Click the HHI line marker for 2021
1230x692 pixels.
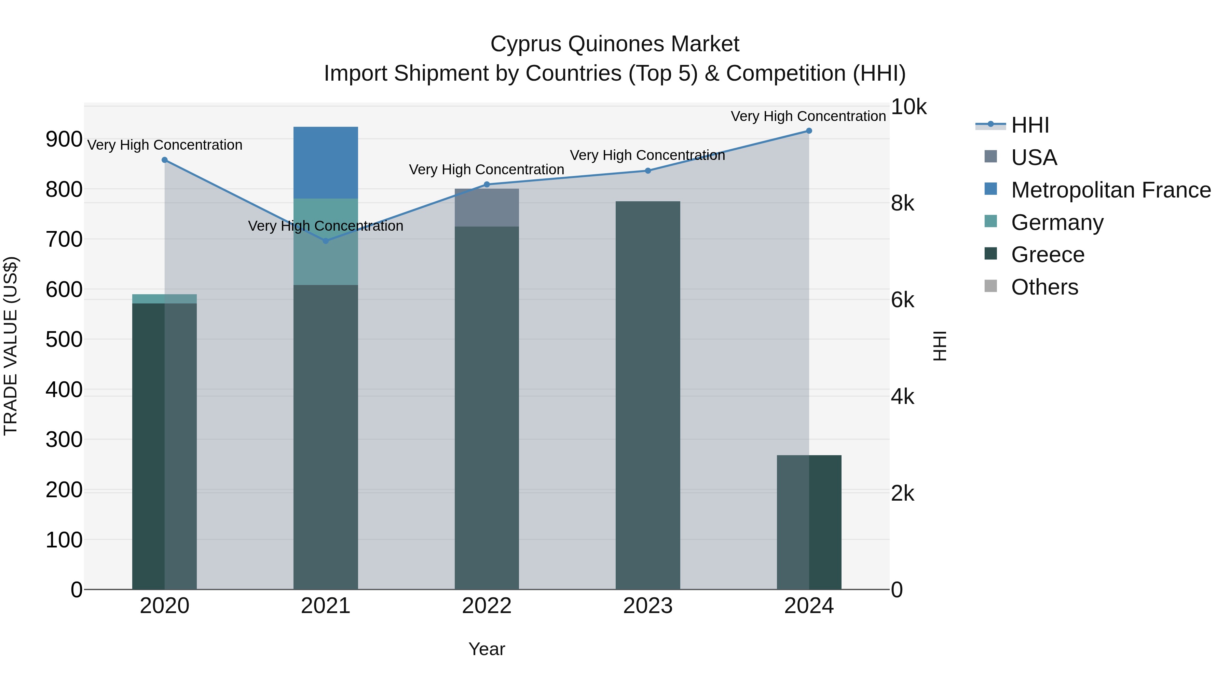coord(326,241)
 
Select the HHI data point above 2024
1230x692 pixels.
coord(809,131)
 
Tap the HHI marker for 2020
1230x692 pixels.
coord(165,160)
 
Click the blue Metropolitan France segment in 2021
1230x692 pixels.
coord(326,162)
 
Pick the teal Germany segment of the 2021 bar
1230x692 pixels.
coord(326,241)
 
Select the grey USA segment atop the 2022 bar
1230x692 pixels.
coord(487,208)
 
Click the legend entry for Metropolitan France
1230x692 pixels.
coord(1111,190)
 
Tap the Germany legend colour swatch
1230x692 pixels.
coord(991,221)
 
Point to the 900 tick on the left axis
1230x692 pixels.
coord(64,139)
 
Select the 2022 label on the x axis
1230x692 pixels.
coord(487,606)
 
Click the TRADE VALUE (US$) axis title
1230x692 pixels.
coord(11,346)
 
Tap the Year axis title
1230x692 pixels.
coord(487,649)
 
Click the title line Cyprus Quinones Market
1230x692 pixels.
coord(615,44)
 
